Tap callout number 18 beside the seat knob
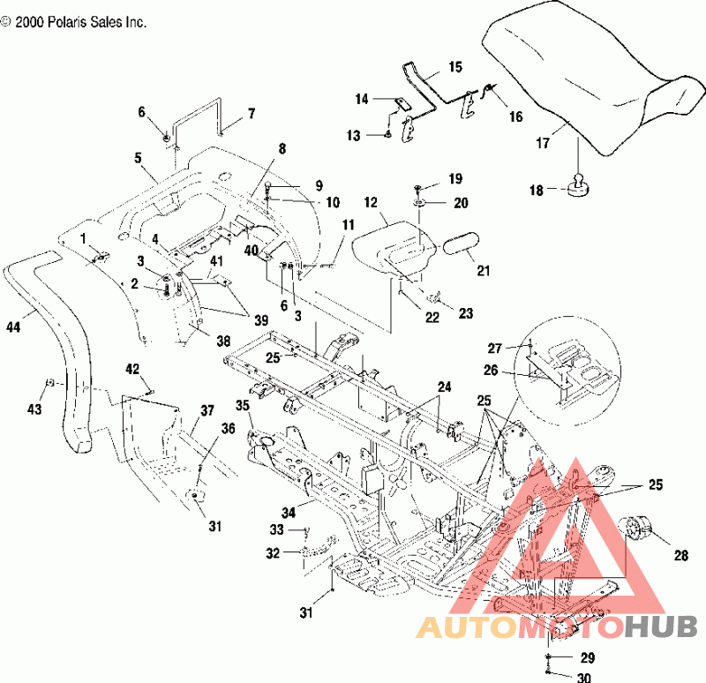coord(537,190)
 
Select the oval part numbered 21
coord(462,242)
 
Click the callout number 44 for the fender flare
coord(13,326)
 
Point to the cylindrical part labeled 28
coord(636,528)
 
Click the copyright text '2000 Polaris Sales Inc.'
coord(81,23)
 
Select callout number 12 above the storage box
coord(371,203)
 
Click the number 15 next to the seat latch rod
coord(455,67)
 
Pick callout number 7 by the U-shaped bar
coord(252,114)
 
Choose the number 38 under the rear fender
coord(223,341)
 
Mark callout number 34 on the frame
coord(289,513)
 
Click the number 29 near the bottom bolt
coord(588,657)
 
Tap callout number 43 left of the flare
coord(34,409)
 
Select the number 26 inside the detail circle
coord(491,370)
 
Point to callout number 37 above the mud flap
coord(207,410)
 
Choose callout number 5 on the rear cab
coord(138,158)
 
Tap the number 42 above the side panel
coord(132,369)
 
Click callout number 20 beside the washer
coord(461,203)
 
